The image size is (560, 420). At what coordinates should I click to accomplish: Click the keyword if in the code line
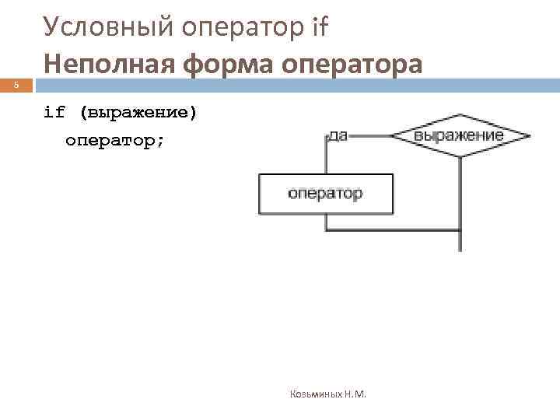click(x=54, y=112)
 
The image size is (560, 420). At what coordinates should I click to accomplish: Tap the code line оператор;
click(x=114, y=141)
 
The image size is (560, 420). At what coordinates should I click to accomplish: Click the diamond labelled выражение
click(x=459, y=136)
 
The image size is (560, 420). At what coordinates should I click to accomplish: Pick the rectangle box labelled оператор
click(x=325, y=194)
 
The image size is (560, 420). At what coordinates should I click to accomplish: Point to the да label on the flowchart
click(x=338, y=135)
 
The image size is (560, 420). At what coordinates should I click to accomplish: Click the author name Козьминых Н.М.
click(x=327, y=394)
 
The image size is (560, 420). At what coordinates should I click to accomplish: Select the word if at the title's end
click(x=319, y=27)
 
